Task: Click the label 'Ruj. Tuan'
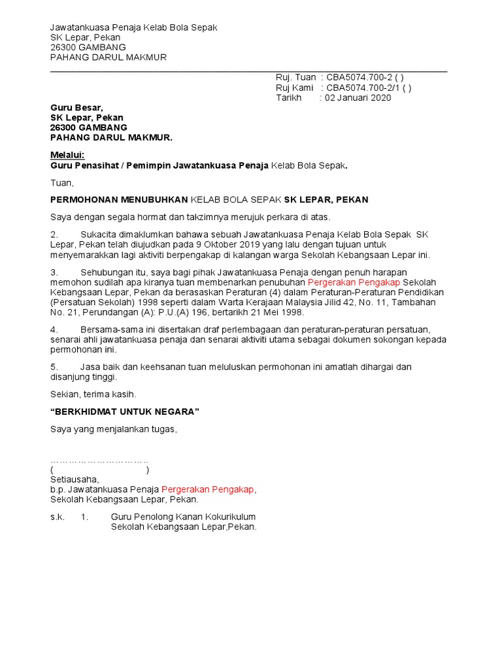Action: click(295, 78)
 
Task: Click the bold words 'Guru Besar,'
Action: click(77, 108)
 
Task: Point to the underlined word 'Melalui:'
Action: click(68, 155)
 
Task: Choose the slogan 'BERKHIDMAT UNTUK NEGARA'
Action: click(124, 411)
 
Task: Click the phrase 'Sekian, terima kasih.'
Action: click(93, 394)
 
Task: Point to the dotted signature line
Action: click(99, 460)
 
